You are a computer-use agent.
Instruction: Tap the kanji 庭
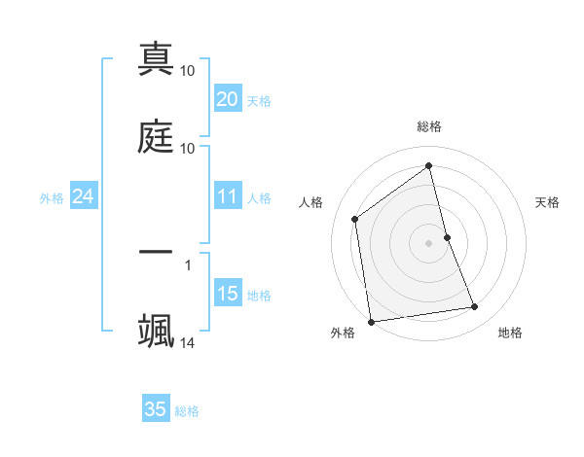pos(156,136)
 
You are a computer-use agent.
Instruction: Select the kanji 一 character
pos(156,251)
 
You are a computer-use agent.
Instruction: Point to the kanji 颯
pos(156,329)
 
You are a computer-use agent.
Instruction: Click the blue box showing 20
pos(227,99)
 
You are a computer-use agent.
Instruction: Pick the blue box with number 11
pos(227,197)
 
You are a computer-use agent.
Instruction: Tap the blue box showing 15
pos(227,295)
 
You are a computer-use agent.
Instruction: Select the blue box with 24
pos(83,197)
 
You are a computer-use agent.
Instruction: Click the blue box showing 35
pos(156,409)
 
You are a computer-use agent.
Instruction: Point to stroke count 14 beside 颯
pos(188,343)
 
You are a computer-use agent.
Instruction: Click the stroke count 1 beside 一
pos(187,264)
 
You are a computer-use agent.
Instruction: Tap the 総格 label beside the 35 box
pos(188,411)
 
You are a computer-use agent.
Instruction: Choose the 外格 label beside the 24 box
pos(52,198)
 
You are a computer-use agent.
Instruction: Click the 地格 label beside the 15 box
pos(259,296)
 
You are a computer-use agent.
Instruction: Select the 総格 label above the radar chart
pos(429,126)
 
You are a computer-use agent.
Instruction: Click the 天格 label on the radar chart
pos(548,202)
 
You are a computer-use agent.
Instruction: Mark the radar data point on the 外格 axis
pos(371,321)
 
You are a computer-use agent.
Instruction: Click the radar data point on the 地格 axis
pos(475,307)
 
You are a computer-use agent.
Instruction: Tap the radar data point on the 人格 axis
pos(355,219)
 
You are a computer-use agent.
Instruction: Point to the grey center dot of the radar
pos(429,242)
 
